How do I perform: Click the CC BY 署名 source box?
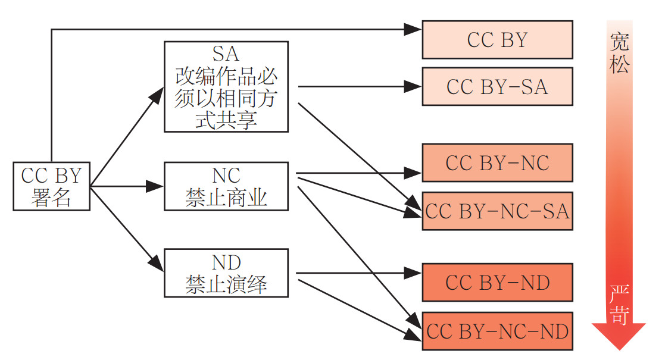click(x=51, y=186)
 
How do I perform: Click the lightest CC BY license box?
click(x=497, y=40)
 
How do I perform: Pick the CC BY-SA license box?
click(x=497, y=86)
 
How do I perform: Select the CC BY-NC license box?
click(x=497, y=162)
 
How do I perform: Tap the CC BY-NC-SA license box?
click(x=497, y=211)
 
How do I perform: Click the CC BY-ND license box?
click(x=497, y=282)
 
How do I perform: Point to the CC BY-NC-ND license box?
click(x=497, y=331)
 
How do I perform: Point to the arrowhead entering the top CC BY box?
click(x=414, y=29)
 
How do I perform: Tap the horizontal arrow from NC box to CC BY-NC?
click(x=357, y=173)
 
